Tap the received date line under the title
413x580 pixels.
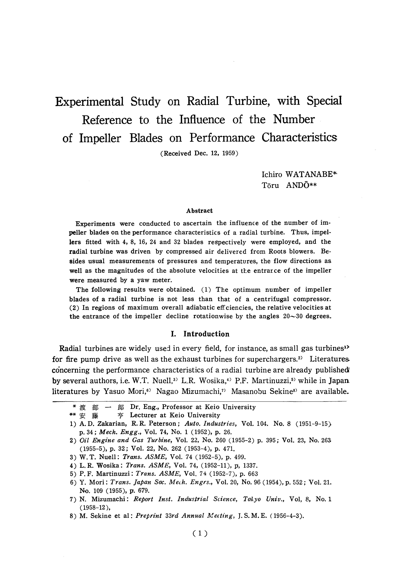click(199, 153)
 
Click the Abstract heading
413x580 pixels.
click(199, 211)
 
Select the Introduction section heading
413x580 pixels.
click(206, 334)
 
